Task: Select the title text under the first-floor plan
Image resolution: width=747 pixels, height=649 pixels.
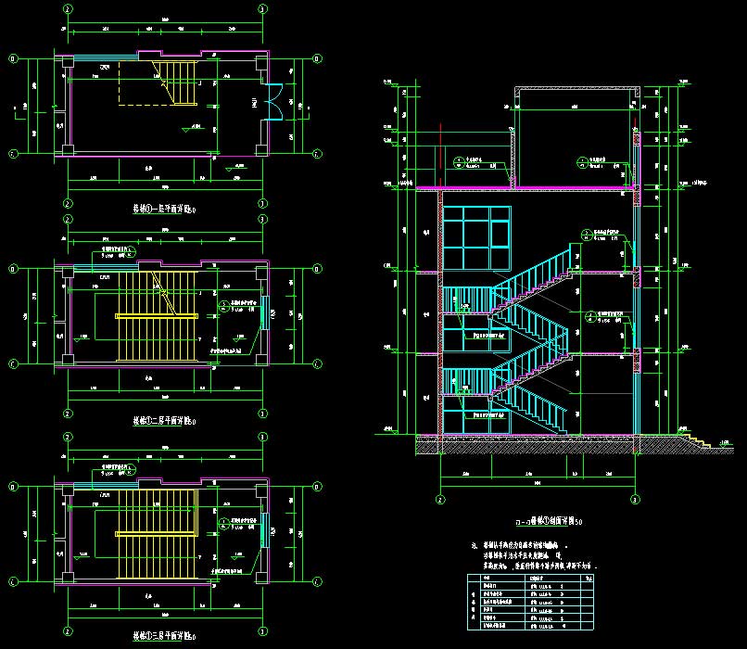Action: tap(164, 210)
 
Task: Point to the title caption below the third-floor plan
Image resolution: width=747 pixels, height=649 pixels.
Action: tap(164, 635)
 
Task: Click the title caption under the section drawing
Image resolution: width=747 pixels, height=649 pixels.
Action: tap(538, 523)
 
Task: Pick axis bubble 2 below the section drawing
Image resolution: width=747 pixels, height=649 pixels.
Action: tap(440, 499)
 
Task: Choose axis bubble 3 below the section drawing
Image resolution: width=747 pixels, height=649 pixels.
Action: tap(635, 499)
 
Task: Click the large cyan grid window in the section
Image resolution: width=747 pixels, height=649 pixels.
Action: tap(476, 239)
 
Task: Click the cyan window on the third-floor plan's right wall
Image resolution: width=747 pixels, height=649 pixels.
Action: tap(263, 530)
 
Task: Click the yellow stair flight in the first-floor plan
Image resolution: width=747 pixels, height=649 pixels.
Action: tap(183, 84)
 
